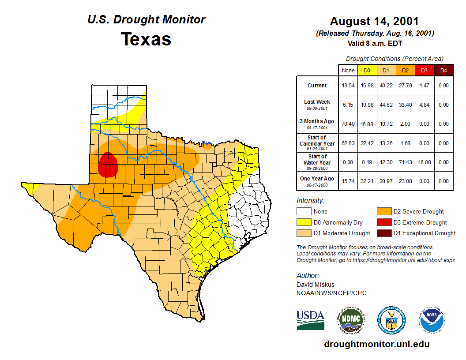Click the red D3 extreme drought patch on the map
point(108,165)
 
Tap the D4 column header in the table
point(443,70)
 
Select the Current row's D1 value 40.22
point(386,86)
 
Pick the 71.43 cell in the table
point(405,162)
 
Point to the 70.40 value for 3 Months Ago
point(348,124)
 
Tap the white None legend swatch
point(304,211)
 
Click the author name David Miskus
point(316,285)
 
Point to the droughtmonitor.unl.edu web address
point(376,344)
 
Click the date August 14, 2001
point(374,21)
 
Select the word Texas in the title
point(146,39)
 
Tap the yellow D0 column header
point(367,70)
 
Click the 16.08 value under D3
point(424,162)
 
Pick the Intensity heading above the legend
point(310,201)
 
